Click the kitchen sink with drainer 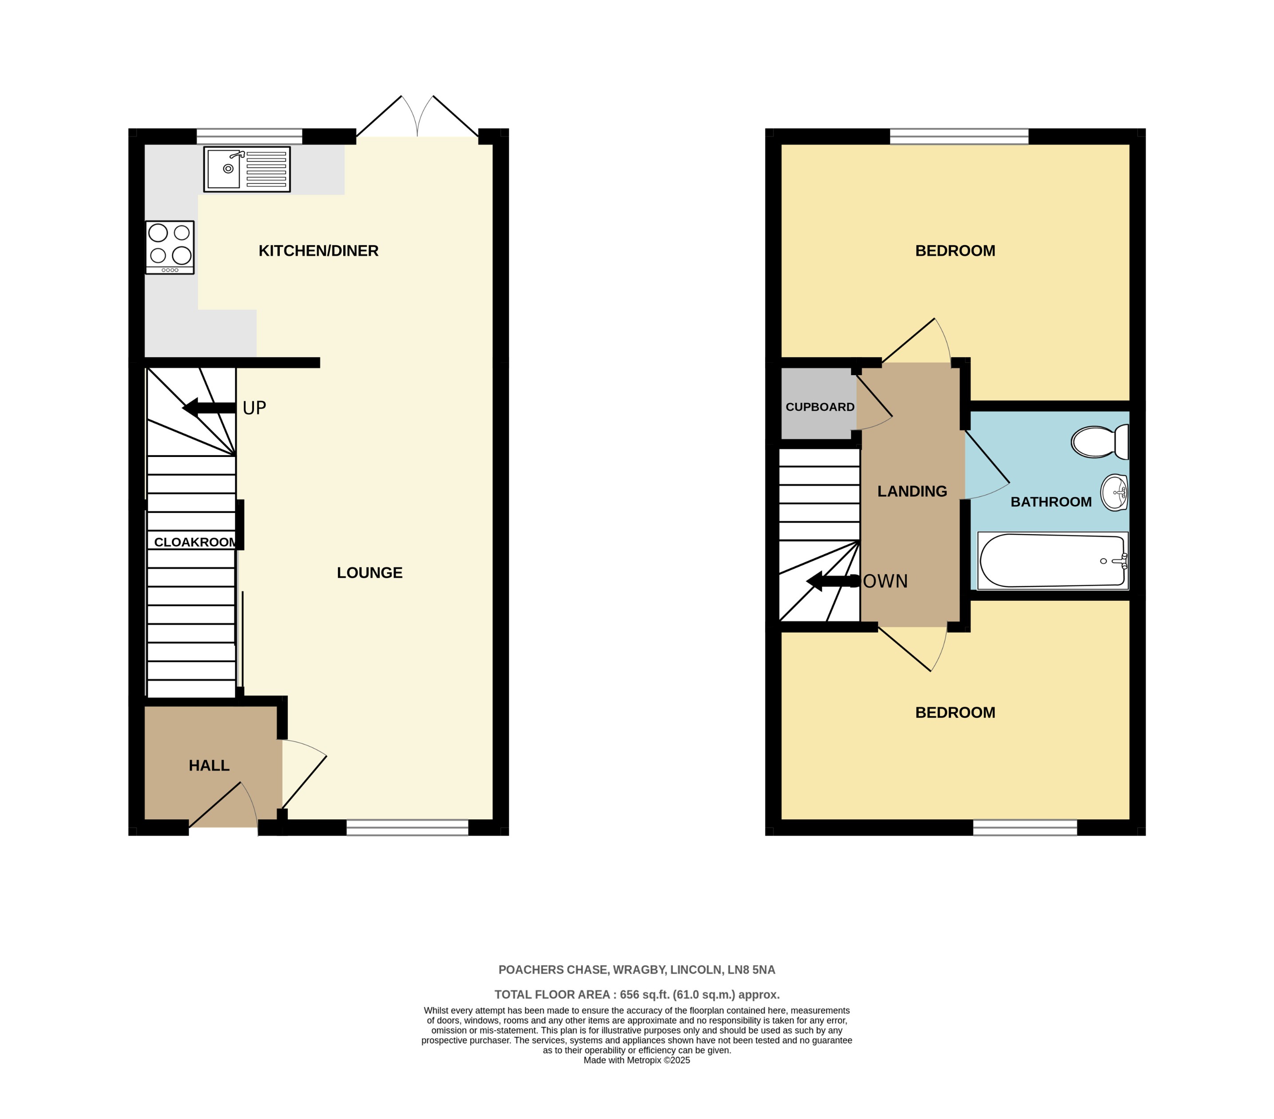coord(247,169)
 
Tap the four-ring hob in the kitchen coord(170,247)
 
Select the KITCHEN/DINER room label coord(318,250)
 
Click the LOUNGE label coord(369,572)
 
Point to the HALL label coord(209,765)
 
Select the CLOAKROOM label coord(195,542)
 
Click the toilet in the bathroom coord(1099,441)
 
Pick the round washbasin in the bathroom coord(1114,492)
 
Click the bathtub coord(1052,560)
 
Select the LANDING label coord(912,491)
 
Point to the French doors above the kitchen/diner coord(417,117)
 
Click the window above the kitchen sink coord(249,136)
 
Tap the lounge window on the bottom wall coord(407,827)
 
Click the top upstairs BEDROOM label coord(954,250)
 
